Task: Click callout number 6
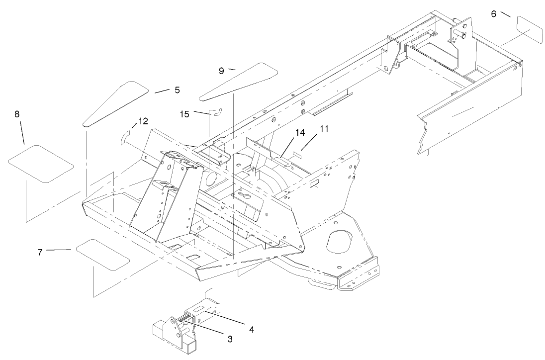click(x=493, y=13)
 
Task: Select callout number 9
click(x=221, y=71)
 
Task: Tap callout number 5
click(x=177, y=90)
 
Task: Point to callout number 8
click(x=17, y=114)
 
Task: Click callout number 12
click(x=143, y=121)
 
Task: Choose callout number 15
click(x=184, y=114)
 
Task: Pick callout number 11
click(x=324, y=129)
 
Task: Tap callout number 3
click(x=230, y=339)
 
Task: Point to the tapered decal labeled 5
click(x=116, y=103)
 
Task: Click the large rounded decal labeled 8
click(x=41, y=164)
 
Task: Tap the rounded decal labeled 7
click(x=103, y=254)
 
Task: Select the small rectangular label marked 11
click(x=297, y=154)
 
